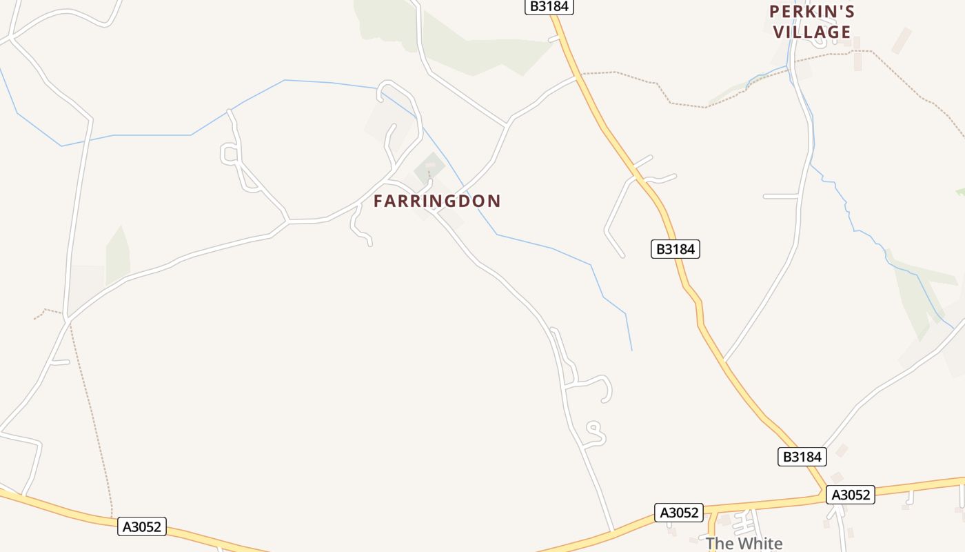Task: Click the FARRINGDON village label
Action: [x=437, y=201]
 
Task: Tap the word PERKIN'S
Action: [x=812, y=12]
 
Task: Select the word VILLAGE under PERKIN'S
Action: [x=812, y=32]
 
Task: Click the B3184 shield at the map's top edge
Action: [x=549, y=6]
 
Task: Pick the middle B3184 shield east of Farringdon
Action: [x=675, y=249]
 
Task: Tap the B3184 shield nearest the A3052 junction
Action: [x=802, y=457]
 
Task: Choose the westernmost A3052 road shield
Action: [x=143, y=526]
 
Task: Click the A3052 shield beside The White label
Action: [x=679, y=513]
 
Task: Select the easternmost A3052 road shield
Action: [x=851, y=495]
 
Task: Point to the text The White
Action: [x=744, y=544]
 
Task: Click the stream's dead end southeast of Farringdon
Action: [x=631, y=350]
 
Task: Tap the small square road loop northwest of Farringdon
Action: [x=230, y=154]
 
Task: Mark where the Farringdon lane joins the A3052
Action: [x=612, y=531]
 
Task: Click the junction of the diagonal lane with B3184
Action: [x=724, y=360]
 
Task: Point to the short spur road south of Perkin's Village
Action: [x=780, y=197]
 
